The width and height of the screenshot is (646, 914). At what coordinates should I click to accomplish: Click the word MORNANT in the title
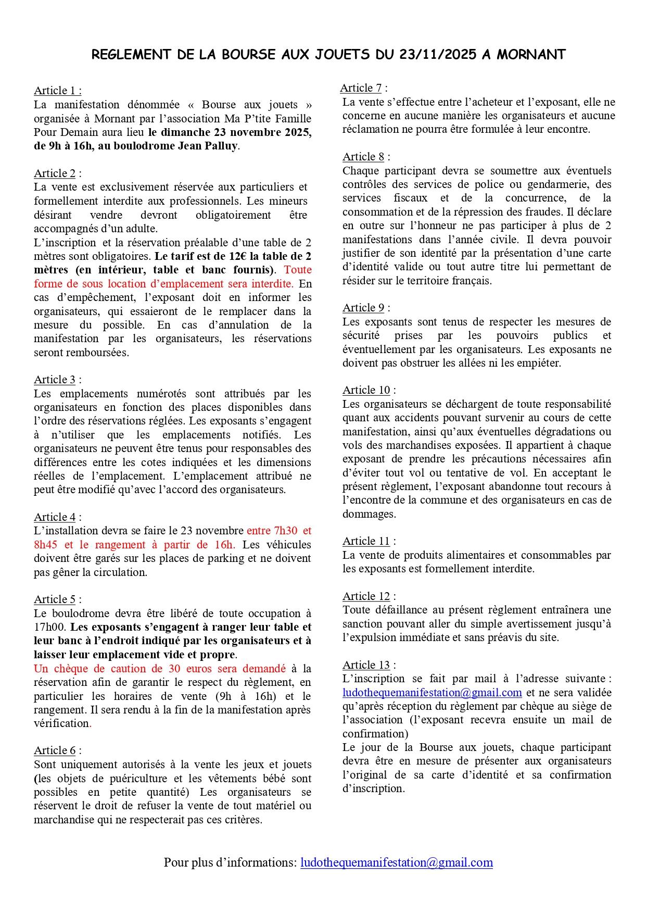530,55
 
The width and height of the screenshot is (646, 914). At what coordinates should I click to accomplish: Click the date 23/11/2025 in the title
438,55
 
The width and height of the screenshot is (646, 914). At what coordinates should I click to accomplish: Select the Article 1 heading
58,91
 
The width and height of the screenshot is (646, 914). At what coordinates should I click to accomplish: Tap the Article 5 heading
58,599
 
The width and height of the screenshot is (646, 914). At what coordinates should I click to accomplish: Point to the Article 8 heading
366,157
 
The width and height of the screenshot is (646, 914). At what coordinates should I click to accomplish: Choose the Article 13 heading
369,665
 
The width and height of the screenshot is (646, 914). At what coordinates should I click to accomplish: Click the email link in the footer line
397,862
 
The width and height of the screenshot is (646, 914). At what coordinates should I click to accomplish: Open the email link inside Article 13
432,693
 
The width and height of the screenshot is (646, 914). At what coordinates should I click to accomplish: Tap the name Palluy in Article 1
219,146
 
